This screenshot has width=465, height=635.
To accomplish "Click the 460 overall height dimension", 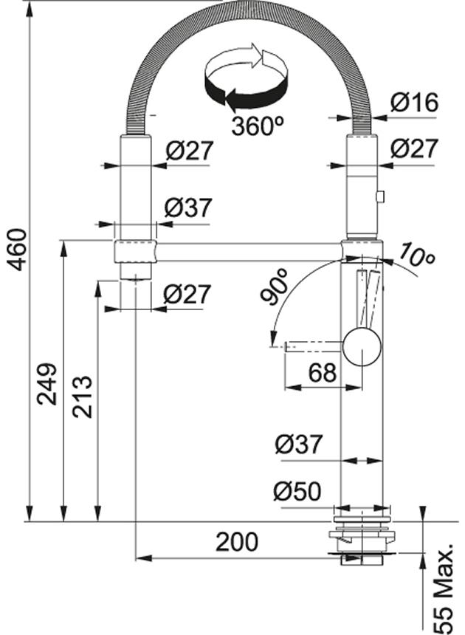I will coord(17,249).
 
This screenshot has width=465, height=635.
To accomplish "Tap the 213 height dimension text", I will coord(82,397).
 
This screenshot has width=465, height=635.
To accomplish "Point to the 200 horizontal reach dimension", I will coord(237,542).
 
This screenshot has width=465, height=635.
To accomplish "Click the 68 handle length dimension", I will coord(322,373).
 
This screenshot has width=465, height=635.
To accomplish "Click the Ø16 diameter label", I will coord(414,103).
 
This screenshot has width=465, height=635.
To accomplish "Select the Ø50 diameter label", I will coord(297,491).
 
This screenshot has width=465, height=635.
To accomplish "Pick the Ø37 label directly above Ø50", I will coord(298,444).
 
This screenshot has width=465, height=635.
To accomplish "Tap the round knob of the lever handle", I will coord(362,347).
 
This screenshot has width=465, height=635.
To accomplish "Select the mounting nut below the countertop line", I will coord(362,538).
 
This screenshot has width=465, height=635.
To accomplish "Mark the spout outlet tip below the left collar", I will coord(135,275).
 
